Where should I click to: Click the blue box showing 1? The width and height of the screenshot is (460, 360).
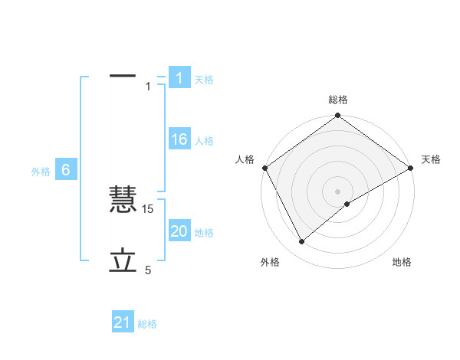tap(179, 78)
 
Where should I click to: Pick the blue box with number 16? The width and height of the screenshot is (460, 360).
tap(179, 140)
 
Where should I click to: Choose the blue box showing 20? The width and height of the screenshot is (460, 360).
tap(179, 231)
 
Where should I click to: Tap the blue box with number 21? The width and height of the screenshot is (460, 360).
tap(122, 323)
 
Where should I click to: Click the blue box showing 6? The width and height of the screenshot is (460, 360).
tap(66, 171)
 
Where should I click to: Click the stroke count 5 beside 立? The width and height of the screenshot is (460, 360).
tap(149, 270)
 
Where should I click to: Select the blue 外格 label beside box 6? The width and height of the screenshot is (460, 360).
tap(41, 172)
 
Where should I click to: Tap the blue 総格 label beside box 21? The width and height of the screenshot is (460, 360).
tap(147, 324)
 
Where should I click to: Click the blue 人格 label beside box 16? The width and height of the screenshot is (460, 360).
tap(204, 141)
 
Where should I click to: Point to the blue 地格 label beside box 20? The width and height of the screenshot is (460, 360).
tap(204, 233)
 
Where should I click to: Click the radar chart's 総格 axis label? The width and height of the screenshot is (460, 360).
tap(338, 100)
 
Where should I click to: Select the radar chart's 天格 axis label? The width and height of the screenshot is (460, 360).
tap(431, 159)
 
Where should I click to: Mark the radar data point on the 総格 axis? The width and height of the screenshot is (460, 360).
tap(338, 116)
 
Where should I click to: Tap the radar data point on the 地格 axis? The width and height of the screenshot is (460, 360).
tap(347, 204)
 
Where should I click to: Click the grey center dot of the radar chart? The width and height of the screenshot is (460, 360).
tap(338, 191)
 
